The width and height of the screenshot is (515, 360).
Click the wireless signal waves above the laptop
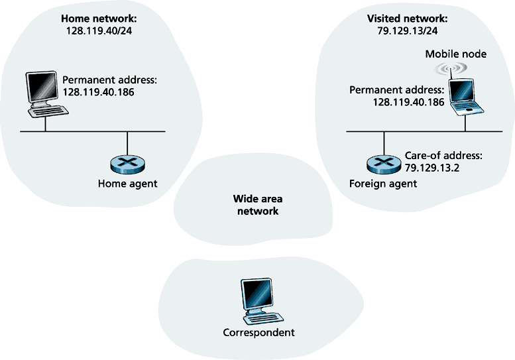448,69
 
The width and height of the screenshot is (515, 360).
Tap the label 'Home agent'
127,184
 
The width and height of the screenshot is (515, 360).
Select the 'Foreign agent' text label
383,184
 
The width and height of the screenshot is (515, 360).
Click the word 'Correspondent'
257,333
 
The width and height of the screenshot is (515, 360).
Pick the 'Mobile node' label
455,54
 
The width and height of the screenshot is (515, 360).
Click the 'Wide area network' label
256,205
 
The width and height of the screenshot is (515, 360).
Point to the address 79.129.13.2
432,168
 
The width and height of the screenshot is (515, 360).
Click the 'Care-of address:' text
443,156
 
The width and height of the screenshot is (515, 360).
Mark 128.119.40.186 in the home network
99,92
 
